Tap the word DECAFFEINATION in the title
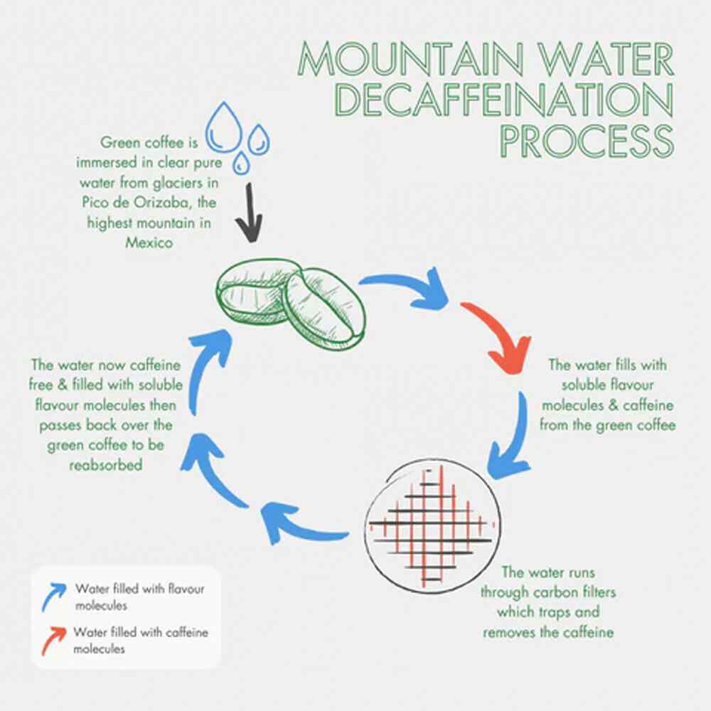(x=503, y=101)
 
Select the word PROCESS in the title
(x=587, y=141)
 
